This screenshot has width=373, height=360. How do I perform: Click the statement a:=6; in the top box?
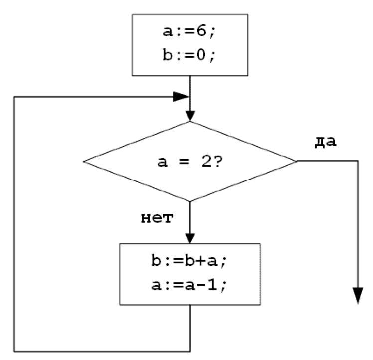pyautogui.click(x=189, y=32)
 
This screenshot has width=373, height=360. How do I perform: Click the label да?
pyautogui.click(x=326, y=141)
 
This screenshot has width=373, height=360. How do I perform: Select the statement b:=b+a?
pyautogui.click(x=189, y=261)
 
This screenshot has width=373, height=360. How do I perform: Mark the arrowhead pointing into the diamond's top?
pyautogui.click(x=190, y=115)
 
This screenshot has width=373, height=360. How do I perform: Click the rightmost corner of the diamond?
pyautogui.click(x=297, y=161)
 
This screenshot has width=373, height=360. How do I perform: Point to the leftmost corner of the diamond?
pyautogui.click(x=84, y=161)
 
